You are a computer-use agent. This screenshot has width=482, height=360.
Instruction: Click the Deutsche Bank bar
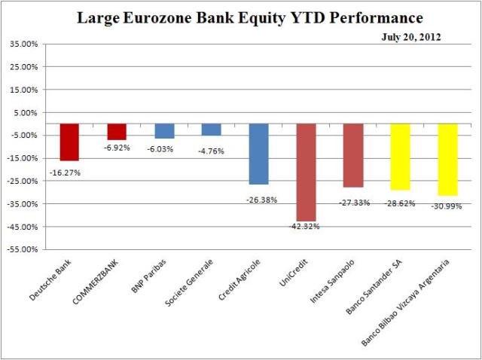[69, 142]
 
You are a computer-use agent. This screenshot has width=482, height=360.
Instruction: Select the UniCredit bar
[306, 172]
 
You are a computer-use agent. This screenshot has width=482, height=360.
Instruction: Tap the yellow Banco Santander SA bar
[400, 157]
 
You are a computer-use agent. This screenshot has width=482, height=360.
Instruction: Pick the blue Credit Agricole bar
[258, 154]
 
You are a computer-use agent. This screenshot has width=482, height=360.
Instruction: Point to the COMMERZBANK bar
[117, 132]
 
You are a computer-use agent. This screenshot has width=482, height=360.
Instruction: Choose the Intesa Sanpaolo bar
[353, 155]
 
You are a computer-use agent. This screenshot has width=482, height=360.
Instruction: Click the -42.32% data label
[305, 227]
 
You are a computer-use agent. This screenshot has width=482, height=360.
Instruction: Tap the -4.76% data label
[212, 151]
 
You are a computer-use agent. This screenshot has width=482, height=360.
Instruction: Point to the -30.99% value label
[447, 206]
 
